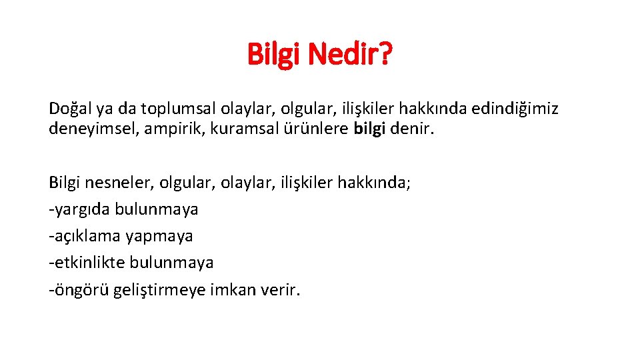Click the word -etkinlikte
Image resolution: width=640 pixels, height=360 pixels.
(x=85, y=262)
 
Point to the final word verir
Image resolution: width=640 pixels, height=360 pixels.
(x=283, y=290)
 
